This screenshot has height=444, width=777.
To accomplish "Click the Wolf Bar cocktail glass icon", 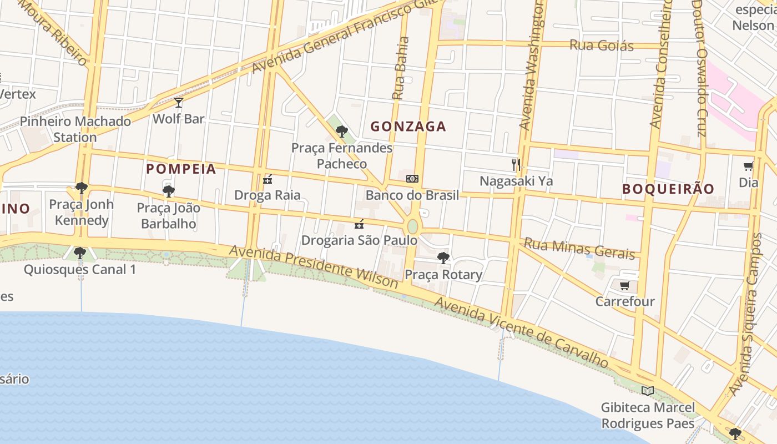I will pos(178,103).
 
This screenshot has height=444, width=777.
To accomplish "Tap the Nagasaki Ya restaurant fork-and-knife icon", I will pos(516,165).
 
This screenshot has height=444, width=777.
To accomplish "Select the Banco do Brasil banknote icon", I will pos(412,179).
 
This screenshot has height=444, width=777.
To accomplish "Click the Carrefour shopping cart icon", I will pos(624,286).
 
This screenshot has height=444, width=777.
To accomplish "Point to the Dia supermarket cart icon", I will pos(748,166).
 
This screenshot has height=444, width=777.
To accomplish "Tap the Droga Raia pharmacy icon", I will pos(268,179).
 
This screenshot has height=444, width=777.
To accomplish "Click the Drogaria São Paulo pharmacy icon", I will pos(359,224).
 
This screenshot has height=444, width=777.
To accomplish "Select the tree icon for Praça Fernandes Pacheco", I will pos(342,132).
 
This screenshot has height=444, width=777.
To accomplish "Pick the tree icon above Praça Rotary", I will pos(443,258).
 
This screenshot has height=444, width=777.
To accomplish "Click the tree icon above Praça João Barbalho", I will pos(169,191).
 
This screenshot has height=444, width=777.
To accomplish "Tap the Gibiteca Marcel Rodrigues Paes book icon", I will pos(647,391).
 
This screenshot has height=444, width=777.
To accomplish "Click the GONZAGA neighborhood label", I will pos(408,127).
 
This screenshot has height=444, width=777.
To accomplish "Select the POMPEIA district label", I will pos(181,169).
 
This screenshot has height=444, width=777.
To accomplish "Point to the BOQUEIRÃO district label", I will pos(668,189).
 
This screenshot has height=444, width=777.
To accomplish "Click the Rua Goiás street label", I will pos(602,45).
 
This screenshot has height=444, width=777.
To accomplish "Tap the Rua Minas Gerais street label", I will pos(579,249).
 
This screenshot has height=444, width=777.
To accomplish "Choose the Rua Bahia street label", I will pos(401,68).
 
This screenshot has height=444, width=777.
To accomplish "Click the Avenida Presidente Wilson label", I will pos(314,266).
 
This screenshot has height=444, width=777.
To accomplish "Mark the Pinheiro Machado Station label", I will pos(75,129).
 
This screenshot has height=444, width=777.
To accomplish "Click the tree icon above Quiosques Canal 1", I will pos(80,253).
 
